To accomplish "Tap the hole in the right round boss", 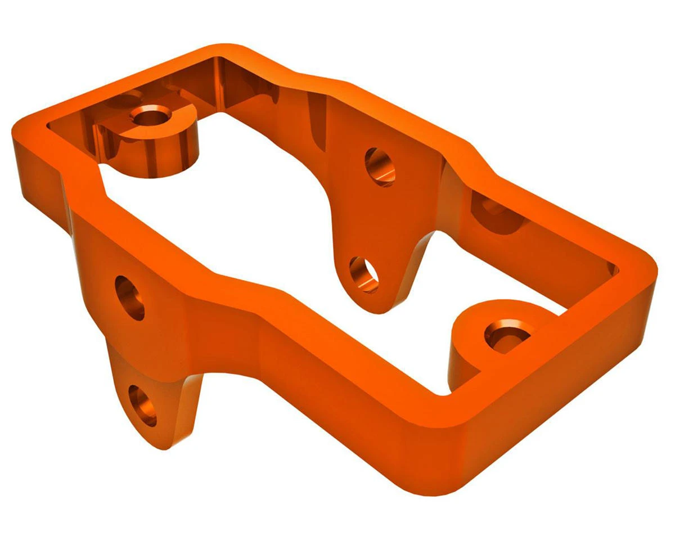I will tap(506, 336).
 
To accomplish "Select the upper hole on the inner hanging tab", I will tap(380, 167).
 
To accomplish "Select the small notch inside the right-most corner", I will tap(613, 270).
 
